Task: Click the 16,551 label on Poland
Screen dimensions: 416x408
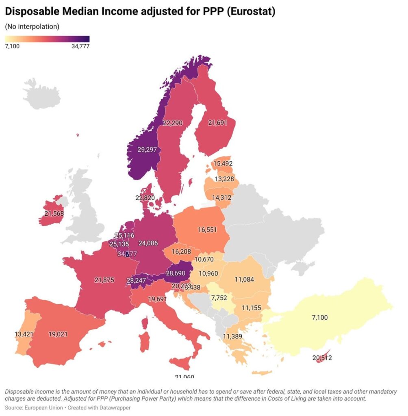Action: pyautogui.click(x=209, y=230)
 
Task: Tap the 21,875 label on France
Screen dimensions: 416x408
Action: pyautogui.click(x=104, y=280)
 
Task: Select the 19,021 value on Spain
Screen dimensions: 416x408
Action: pyautogui.click(x=58, y=334)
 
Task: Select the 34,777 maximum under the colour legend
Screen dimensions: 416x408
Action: pyautogui.click(x=80, y=46)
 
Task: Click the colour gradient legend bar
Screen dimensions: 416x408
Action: pyautogui.click(x=47, y=39)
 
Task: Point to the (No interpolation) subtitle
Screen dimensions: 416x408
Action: pyautogui.click(x=32, y=27)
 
